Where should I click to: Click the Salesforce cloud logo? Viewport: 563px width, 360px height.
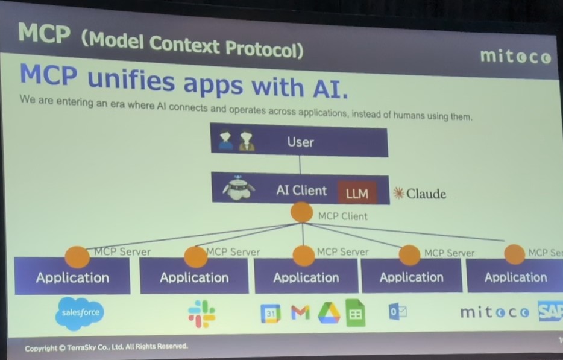[x=80, y=313]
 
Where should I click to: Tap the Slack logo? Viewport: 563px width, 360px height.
[x=201, y=314]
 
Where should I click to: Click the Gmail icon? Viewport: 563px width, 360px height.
[x=300, y=312]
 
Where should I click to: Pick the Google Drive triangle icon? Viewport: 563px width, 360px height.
[x=329, y=313]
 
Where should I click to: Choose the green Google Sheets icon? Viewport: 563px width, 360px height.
[x=356, y=313]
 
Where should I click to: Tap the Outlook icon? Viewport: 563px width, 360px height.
[x=397, y=312]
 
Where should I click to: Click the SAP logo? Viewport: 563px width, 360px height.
[x=550, y=311]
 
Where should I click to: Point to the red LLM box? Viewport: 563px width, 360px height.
[x=357, y=193]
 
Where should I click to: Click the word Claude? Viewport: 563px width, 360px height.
[x=426, y=194]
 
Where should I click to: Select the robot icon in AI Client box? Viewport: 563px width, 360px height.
[x=239, y=189]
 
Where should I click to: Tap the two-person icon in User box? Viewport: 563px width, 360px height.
[x=236, y=142]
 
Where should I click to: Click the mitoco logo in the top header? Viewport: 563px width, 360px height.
[x=515, y=57]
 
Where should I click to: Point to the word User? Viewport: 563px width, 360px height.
[x=300, y=142]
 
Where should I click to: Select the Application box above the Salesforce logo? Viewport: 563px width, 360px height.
[x=72, y=278]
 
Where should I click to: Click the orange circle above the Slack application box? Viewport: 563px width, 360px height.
[x=195, y=256]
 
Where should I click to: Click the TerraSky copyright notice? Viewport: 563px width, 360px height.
[x=106, y=347]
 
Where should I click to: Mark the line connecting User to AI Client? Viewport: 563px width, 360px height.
[x=300, y=164]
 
